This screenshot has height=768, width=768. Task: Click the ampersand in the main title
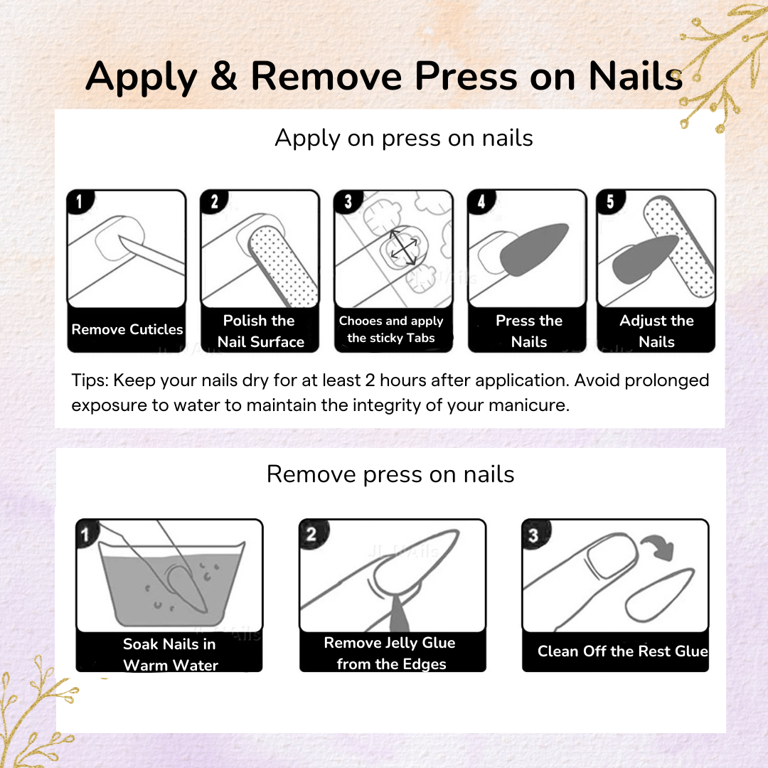point(224,76)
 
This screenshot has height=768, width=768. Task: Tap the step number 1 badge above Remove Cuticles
point(80,201)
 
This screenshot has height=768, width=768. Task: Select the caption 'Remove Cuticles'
point(127,329)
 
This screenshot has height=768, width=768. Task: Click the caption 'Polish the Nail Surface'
point(260,331)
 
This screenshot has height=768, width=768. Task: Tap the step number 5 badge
point(610,201)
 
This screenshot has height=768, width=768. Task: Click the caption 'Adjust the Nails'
point(656,331)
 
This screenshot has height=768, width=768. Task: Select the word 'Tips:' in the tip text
point(90,380)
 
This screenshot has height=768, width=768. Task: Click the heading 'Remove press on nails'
point(390,474)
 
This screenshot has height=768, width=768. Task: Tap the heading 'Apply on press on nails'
point(404,139)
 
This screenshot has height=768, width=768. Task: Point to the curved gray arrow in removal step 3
point(658,547)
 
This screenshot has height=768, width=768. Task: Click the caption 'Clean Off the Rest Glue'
point(622,651)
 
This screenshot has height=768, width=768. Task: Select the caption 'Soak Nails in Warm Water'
point(170,654)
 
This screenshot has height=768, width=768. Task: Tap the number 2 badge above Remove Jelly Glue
point(311,533)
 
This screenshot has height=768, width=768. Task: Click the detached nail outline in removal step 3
point(659,594)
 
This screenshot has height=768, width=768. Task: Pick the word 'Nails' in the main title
point(636,76)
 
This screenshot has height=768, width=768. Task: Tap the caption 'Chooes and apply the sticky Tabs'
point(391,329)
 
